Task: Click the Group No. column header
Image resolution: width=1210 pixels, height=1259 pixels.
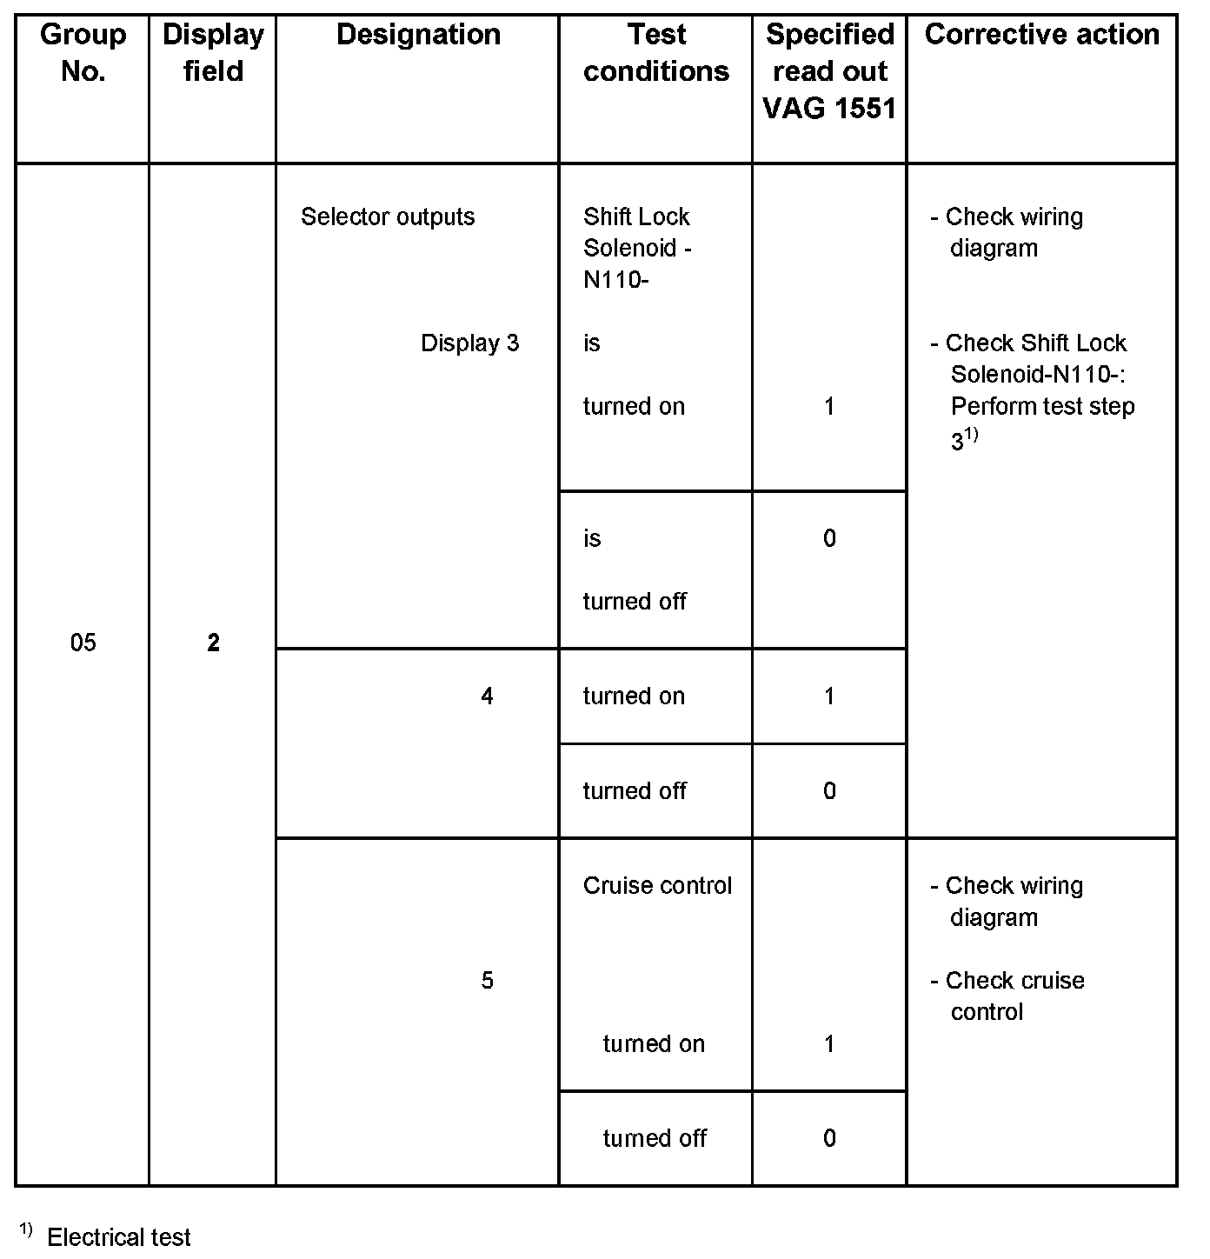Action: (x=83, y=53)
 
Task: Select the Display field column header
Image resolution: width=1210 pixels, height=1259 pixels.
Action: (x=213, y=53)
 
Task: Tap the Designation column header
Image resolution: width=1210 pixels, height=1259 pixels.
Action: (x=418, y=35)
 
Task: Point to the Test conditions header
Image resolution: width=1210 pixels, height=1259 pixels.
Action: (x=656, y=53)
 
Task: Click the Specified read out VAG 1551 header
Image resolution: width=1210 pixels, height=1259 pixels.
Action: (x=829, y=71)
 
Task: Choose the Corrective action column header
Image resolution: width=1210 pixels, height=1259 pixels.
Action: (x=1041, y=35)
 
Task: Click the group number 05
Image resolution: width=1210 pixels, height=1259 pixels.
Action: (x=83, y=643)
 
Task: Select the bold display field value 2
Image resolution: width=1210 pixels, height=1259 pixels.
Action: (x=213, y=643)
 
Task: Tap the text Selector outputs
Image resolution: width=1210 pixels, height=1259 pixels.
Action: (x=388, y=216)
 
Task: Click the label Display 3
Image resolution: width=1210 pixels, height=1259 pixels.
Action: (x=469, y=343)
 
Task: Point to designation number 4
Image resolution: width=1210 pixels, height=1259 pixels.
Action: (x=487, y=696)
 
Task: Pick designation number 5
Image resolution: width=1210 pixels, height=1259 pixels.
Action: (x=487, y=981)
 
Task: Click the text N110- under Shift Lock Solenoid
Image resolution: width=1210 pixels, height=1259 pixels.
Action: (x=616, y=280)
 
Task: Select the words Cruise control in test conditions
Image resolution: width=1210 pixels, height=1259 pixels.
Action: (x=657, y=885)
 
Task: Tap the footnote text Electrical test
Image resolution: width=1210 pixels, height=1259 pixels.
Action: (x=119, y=1237)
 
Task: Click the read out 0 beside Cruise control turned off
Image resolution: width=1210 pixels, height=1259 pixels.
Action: (x=829, y=1138)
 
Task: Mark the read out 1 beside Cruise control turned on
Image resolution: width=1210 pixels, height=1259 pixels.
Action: (x=829, y=1043)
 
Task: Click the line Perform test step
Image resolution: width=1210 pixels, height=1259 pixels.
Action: (x=1042, y=406)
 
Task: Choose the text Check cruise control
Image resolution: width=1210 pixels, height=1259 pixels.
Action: (x=1014, y=996)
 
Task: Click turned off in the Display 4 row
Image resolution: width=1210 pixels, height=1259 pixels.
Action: (x=635, y=790)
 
